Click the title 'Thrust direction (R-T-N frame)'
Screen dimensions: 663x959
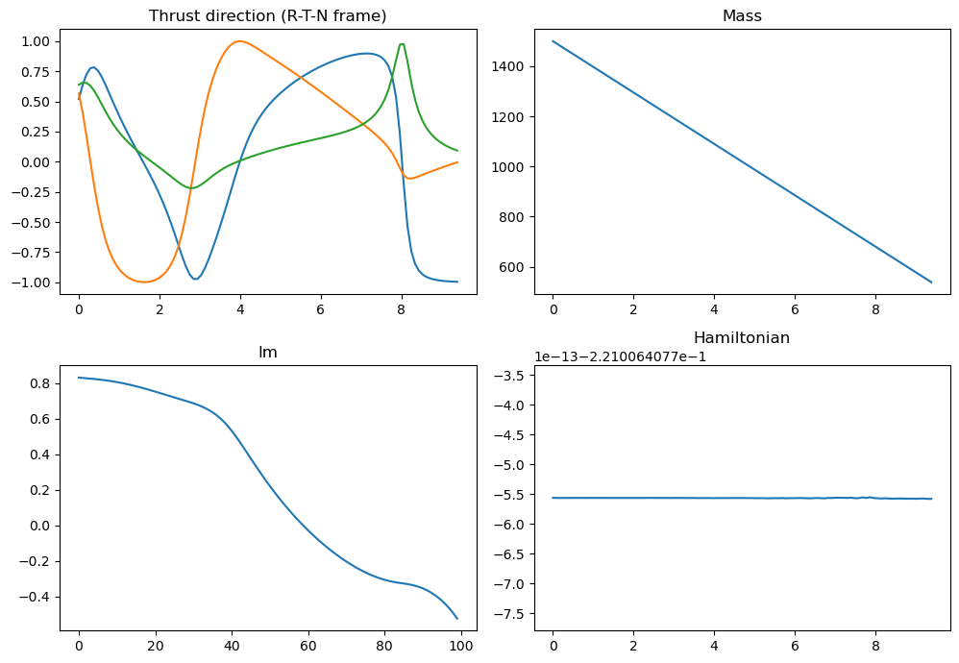pos(267,15)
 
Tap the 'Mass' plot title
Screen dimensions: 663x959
pos(742,15)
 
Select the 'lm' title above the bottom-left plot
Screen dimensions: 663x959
pos(267,352)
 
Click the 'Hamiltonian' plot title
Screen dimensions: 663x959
pos(742,338)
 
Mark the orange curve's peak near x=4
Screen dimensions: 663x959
pos(238,41)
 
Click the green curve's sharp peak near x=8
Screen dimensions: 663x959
pos(402,44)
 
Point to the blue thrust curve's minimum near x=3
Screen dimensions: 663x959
pos(196,279)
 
